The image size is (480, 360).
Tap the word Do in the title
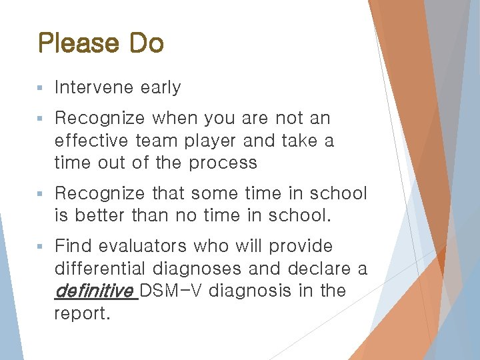pos(146,44)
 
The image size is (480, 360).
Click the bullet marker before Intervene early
pos(41,88)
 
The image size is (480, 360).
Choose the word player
pos(210,141)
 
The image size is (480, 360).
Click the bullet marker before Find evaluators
pos(41,247)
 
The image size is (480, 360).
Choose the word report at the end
pos(81,313)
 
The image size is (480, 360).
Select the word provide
pos(300,247)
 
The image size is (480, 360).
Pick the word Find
pos(73,247)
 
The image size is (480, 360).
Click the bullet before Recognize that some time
pos(41,194)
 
